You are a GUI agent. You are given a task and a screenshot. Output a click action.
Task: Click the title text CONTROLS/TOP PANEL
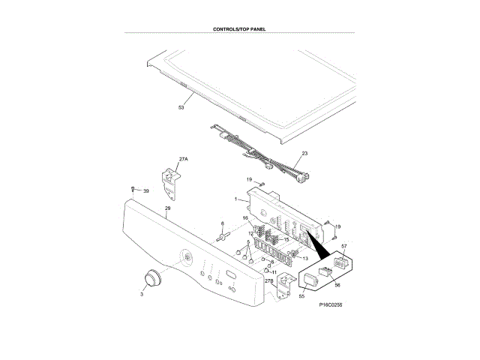pyautogui.click(x=239, y=29)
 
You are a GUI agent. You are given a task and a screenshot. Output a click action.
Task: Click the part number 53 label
pyautogui.click(x=181, y=108)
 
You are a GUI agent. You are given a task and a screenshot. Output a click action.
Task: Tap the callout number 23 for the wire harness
pyautogui.click(x=304, y=153)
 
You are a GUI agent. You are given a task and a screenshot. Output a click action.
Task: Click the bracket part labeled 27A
pyautogui.click(x=172, y=177)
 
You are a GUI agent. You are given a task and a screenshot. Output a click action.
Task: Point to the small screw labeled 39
pyautogui.click(x=132, y=190)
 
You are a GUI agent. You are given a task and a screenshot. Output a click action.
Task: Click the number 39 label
pyautogui.click(x=146, y=191)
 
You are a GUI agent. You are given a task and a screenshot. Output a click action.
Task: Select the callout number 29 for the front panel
pyautogui.click(x=167, y=208)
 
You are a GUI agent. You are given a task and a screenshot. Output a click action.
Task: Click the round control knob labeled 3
pyautogui.click(x=153, y=277)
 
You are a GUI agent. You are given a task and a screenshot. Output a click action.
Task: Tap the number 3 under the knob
pyautogui.click(x=141, y=295)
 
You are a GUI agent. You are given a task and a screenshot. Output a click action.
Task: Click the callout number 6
pyautogui.click(x=222, y=223)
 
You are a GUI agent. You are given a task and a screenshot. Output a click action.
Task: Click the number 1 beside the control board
pyautogui.click(x=235, y=199)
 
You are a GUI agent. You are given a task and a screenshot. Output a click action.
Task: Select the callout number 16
pyautogui.click(x=244, y=218)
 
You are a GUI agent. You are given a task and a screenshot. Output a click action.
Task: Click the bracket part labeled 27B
pyautogui.click(x=284, y=285)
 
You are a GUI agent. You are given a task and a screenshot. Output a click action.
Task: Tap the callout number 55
pyautogui.click(x=302, y=297)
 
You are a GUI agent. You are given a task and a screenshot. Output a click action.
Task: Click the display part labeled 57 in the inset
pyautogui.click(x=340, y=264)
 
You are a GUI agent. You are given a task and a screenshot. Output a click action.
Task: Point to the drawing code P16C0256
pyautogui.click(x=331, y=306)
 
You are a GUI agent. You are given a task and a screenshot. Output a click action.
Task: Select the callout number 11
pyautogui.click(x=274, y=271)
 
